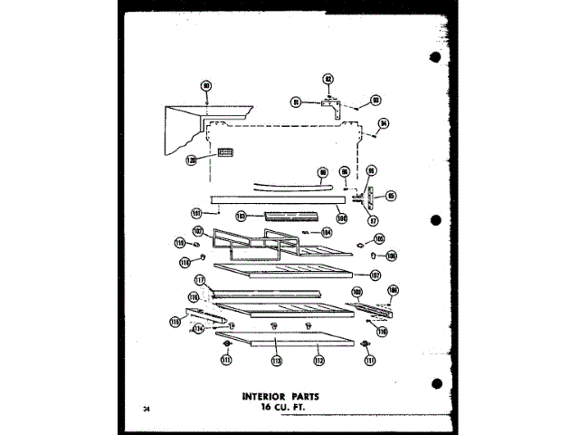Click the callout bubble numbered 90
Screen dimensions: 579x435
tap(205, 86)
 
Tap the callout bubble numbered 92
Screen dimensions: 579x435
tap(329, 81)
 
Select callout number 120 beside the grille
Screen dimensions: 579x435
tap(191, 159)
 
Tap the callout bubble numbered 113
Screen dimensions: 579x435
tap(275, 360)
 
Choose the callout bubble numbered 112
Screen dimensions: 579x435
tap(318, 360)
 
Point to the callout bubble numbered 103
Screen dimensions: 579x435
tap(242, 217)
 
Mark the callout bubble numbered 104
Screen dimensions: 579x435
tap(327, 232)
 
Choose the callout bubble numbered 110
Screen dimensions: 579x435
tap(382, 332)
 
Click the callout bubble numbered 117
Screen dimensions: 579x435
tap(200, 281)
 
